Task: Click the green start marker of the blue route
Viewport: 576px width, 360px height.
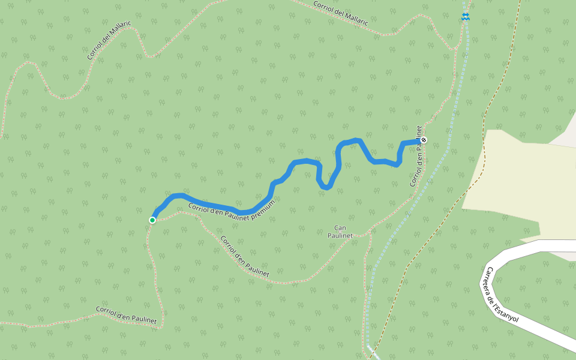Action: coord(152,220)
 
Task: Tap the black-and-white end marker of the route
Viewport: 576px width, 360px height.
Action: coord(424,140)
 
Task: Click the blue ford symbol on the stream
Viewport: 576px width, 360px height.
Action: coord(466,17)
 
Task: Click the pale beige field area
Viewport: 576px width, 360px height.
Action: coord(516,180)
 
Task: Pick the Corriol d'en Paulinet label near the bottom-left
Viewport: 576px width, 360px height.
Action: coord(127,316)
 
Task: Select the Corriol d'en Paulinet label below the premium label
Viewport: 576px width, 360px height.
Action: coord(244,256)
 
